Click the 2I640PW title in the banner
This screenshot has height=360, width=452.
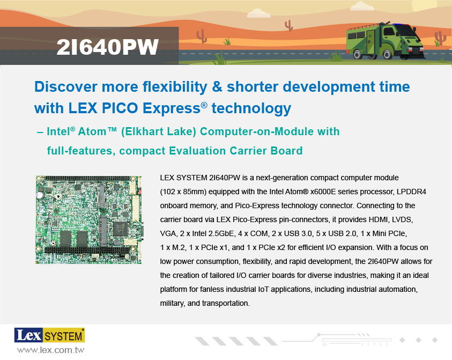108,47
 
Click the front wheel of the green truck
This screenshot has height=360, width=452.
388,54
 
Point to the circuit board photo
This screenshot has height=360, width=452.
88,220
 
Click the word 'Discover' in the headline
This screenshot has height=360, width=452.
66,87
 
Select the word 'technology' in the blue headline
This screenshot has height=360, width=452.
251,108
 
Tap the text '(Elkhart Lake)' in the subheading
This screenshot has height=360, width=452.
159,131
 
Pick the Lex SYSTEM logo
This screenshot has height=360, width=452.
49,335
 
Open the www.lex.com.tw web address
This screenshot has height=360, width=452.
51,350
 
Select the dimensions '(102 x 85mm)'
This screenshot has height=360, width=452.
183,192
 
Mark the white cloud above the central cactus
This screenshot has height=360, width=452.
258,13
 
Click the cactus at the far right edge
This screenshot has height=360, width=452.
439,39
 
